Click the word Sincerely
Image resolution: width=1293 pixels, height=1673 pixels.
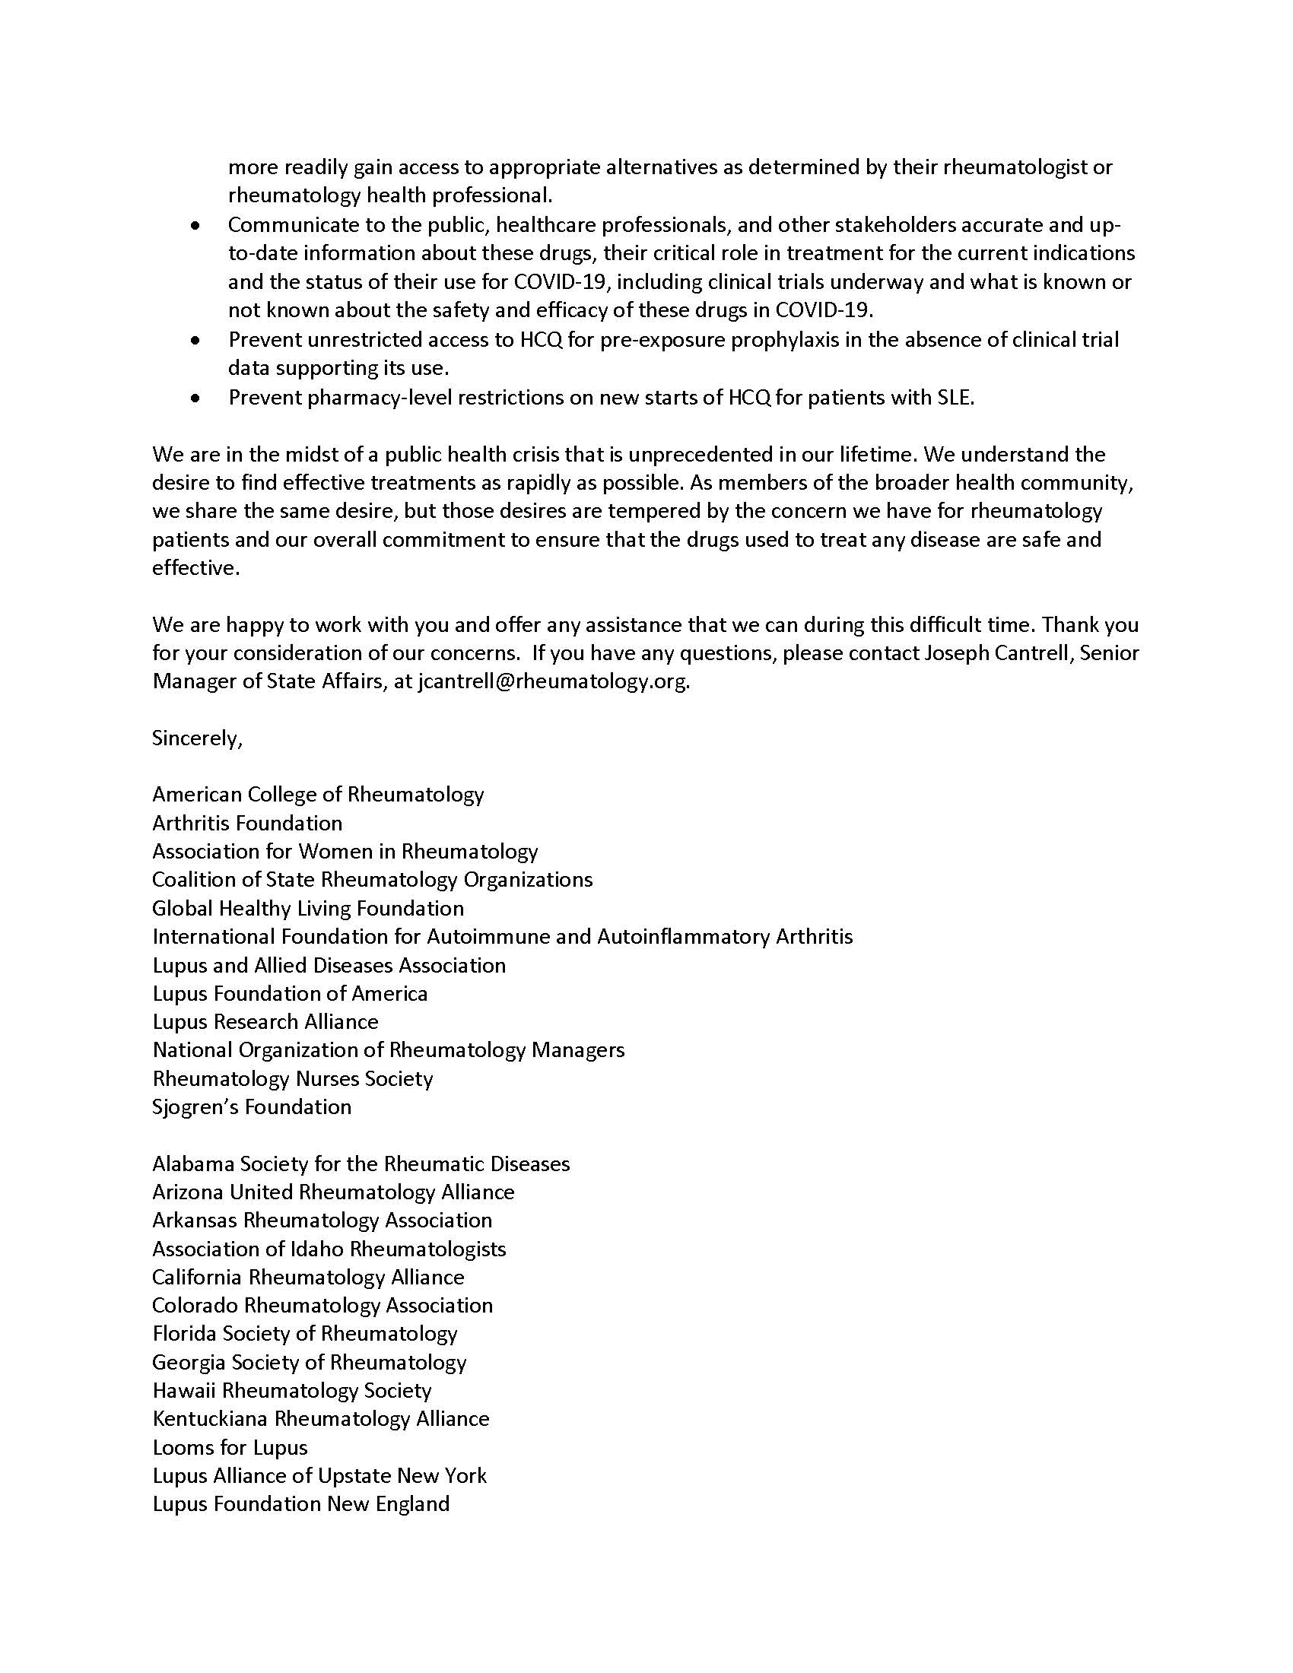(x=197, y=738)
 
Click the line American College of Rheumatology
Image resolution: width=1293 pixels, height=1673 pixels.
(x=318, y=794)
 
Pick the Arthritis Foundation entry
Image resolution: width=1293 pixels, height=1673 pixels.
(x=246, y=823)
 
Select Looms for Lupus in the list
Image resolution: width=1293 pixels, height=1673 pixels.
(x=230, y=1447)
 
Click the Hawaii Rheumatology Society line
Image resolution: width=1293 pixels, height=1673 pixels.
(x=292, y=1390)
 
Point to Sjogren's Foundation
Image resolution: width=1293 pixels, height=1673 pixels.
(x=251, y=1106)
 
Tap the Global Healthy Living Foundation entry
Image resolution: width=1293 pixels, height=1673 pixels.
(x=308, y=908)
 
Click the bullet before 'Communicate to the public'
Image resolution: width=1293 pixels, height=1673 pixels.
(x=196, y=226)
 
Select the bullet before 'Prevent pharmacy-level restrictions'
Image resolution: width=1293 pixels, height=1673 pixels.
(x=196, y=398)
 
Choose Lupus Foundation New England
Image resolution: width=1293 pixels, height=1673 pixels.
(x=300, y=1503)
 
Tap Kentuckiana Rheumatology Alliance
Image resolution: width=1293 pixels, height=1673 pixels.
(x=320, y=1419)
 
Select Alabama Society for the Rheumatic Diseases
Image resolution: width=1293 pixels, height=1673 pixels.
(x=361, y=1163)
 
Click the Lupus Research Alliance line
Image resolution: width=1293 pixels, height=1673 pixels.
(x=265, y=1021)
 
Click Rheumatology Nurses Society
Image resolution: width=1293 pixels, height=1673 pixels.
(x=293, y=1078)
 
